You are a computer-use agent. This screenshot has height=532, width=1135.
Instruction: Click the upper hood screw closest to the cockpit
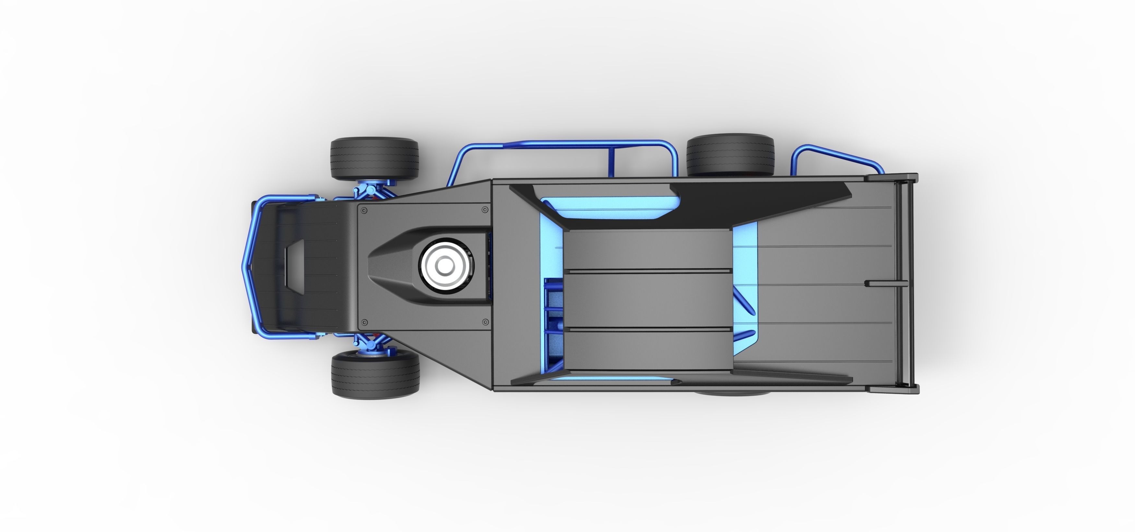pyautogui.click(x=485, y=210)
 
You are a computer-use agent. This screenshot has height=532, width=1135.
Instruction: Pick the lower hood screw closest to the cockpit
pyautogui.click(x=485, y=322)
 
